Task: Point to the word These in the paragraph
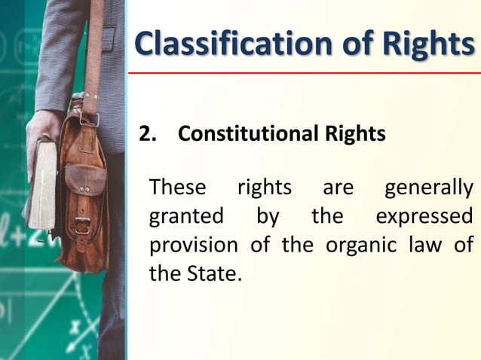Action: click(x=177, y=187)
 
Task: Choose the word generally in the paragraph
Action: click(x=429, y=187)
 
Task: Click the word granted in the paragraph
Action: click(x=186, y=216)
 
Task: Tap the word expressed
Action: click(x=424, y=216)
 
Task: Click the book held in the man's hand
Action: click(x=44, y=185)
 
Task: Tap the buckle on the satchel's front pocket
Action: click(x=81, y=223)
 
